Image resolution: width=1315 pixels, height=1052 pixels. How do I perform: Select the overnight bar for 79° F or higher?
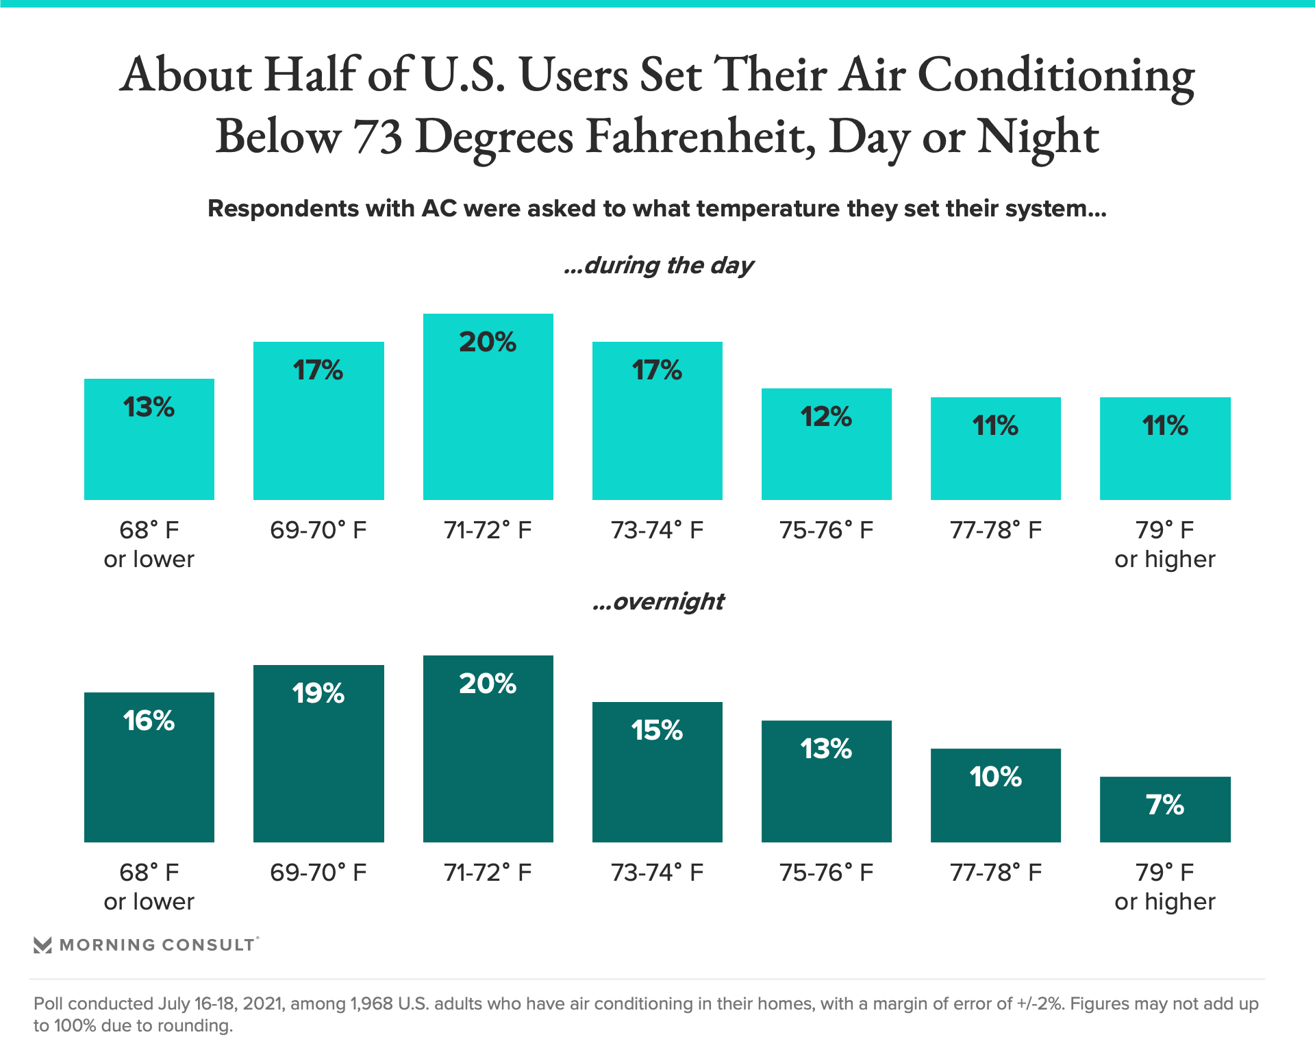(1164, 818)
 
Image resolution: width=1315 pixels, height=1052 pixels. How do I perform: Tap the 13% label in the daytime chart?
(149, 408)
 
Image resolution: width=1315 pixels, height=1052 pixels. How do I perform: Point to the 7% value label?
(1165, 805)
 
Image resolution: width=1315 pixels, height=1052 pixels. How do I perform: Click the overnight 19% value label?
(318, 693)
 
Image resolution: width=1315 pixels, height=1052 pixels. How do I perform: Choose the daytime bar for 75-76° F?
(826, 452)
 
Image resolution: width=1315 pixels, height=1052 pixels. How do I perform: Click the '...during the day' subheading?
(658, 265)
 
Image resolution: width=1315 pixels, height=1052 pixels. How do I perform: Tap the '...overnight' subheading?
(658, 601)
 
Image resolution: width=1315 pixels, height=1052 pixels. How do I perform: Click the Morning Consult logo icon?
(42, 945)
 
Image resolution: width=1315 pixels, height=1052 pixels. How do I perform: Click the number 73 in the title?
(377, 136)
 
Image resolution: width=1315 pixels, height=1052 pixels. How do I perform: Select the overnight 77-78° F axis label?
(995, 873)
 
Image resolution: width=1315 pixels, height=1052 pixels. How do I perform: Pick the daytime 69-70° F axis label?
(318, 530)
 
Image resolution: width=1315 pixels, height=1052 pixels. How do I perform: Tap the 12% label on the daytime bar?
(826, 416)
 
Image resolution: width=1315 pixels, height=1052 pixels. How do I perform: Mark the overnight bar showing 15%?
(657, 781)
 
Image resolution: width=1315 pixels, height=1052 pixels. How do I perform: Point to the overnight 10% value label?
(995, 777)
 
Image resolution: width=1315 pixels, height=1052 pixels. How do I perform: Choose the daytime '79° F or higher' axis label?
(1164, 544)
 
